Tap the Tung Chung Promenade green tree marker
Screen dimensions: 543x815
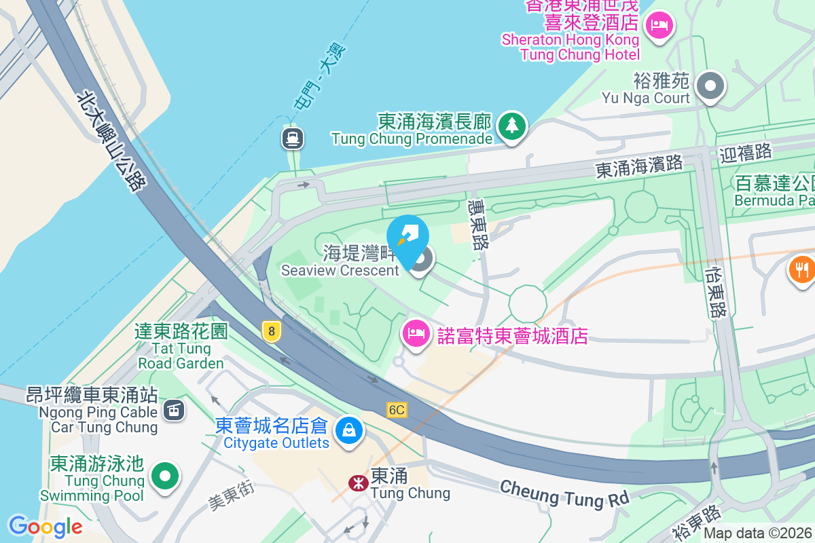512,126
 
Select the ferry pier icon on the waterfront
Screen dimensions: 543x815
293,138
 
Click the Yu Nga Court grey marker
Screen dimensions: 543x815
711,86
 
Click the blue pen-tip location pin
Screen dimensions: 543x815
407,238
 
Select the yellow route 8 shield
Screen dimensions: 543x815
271,331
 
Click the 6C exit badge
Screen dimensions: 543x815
397,409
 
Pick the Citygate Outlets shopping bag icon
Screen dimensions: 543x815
349,429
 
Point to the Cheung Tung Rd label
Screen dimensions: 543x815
565,493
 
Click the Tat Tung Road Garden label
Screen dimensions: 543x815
181,348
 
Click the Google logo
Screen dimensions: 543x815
46,526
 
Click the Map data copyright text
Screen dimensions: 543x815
758,533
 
